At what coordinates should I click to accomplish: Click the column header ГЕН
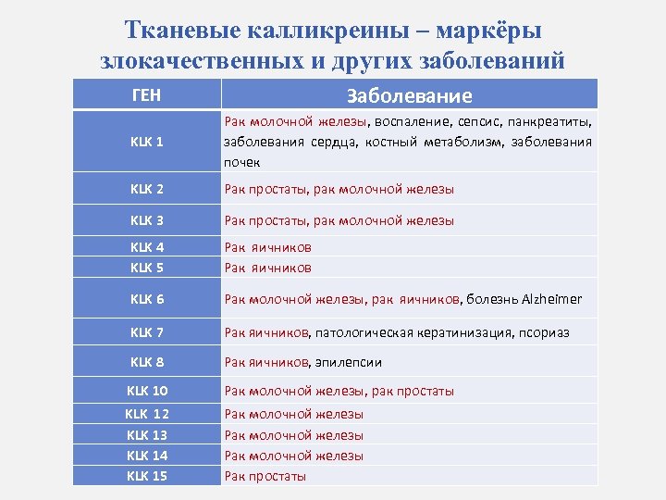[x=146, y=94]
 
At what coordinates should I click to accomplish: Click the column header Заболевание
[x=409, y=95]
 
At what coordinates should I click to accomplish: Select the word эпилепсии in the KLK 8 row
[x=348, y=362]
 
